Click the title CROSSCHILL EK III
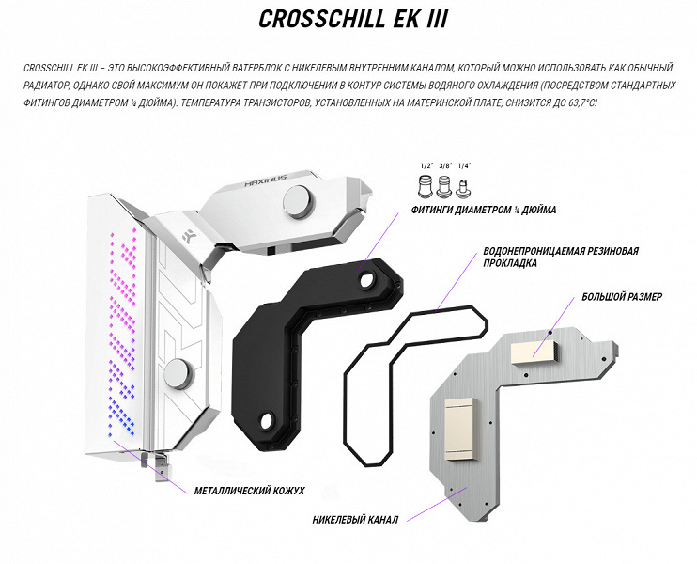[x=353, y=19]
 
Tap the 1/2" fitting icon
[x=426, y=185]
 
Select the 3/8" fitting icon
[x=445, y=186]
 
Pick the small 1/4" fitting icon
[x=464, y=189]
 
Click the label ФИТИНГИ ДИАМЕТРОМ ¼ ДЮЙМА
[x=484, y=210]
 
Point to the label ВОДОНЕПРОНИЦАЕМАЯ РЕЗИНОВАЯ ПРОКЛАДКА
[x=561, y=258]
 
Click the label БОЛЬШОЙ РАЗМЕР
[x=622, y=297]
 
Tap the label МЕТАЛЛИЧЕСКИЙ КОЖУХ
[x=249, y=491]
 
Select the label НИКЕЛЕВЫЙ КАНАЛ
[x=355, y=520]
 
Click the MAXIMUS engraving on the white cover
[x=266, y=180]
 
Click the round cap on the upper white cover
[x=299, y=201]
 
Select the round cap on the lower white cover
[x=179, y=373]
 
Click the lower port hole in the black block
[x=268, y=420]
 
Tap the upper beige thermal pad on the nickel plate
[x=534, y=352]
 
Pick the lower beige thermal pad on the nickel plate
[x=462, y=429]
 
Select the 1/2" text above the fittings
[x=426, y=165]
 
